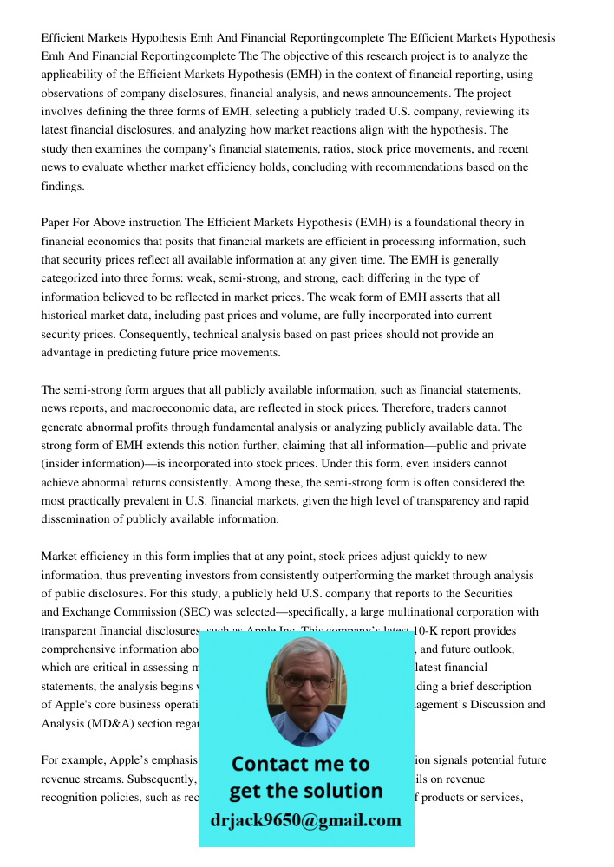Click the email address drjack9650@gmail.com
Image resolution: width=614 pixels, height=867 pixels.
click(305, 820)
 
